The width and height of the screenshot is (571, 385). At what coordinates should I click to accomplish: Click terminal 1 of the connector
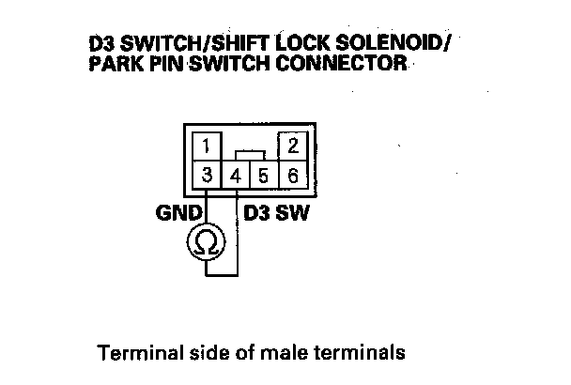point(206,146)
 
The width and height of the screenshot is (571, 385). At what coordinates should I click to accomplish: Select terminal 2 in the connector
point(292,146)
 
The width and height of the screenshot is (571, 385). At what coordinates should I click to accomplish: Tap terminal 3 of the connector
point(206,175)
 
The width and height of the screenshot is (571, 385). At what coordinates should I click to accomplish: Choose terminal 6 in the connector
point(292,175)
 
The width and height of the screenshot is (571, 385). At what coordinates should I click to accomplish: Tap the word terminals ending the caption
point(363,354)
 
